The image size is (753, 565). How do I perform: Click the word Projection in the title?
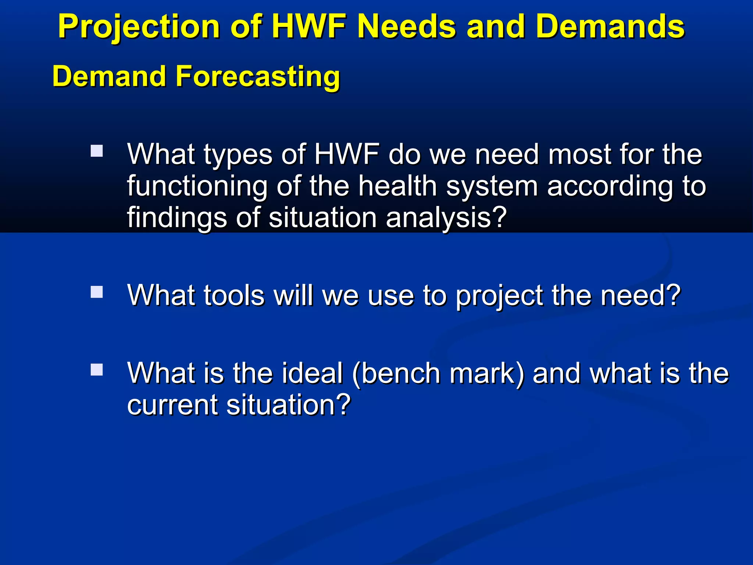(139, 26)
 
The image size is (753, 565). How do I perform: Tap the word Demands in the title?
(610, 26)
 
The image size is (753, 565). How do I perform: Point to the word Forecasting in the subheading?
(257, 77)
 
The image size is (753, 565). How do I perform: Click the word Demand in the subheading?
(109, 77)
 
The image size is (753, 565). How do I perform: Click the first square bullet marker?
(97, 151)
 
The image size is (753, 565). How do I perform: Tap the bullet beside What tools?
(97, 292)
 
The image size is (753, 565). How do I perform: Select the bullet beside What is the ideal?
(97, 370)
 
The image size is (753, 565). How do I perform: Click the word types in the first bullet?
(238, 154)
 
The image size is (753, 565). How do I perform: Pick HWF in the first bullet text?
(347, 154)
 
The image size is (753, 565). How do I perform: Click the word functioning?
(197, 186)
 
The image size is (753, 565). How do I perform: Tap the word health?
(397, 186)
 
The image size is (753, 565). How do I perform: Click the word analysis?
(446, 218)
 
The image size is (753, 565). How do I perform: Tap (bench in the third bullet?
(396, 373)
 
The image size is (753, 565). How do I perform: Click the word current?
(172, 405)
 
